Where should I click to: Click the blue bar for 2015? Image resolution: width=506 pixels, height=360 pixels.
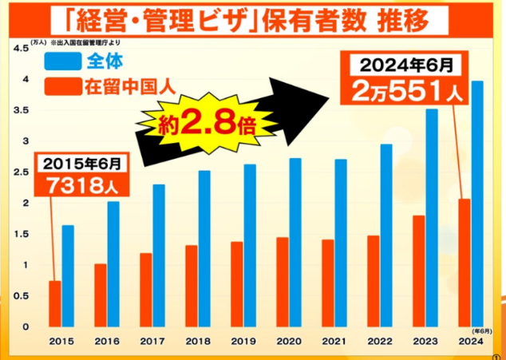(x=68, y=275)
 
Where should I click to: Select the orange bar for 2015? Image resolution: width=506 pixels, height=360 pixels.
(x=54, y=303)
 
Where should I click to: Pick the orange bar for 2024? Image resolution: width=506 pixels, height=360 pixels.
(x=464, y=263)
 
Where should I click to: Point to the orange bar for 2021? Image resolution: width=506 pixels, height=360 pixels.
(x=327, y=283)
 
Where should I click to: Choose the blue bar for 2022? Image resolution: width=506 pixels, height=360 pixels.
(x=386, y=235)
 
